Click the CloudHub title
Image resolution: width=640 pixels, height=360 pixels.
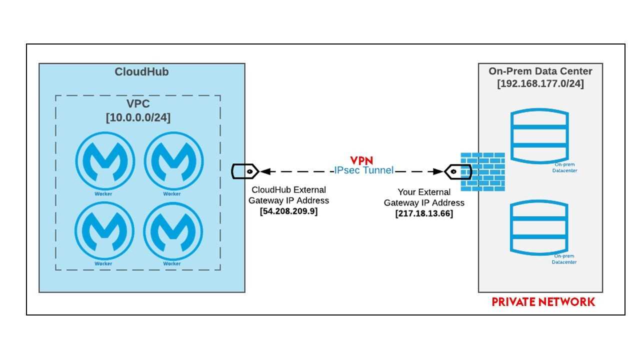tap(141, 72)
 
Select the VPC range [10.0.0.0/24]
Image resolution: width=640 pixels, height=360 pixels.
tap(137, 118)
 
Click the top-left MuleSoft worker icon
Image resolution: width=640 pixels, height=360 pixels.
tap(104, 160)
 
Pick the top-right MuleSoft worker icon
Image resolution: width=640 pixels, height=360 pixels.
tap(173, 160)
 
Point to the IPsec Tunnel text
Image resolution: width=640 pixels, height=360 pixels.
tap(364, 170)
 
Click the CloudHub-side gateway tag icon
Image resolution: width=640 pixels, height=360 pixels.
tap(244, 171)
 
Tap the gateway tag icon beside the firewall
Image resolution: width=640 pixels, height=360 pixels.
tap(458, 171)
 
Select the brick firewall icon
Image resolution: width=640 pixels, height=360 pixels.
tap(482, 171)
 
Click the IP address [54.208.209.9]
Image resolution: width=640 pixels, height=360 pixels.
tap(288, 211)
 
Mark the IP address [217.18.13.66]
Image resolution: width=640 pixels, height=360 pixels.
tap(424, 213)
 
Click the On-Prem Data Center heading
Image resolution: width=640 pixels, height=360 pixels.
tap(540, 71)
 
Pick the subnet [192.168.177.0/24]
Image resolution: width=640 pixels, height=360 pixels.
tap(540, 83)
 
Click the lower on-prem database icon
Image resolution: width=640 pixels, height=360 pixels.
tap(539, 227)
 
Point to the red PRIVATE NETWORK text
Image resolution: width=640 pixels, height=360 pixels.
tap(543, 302)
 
